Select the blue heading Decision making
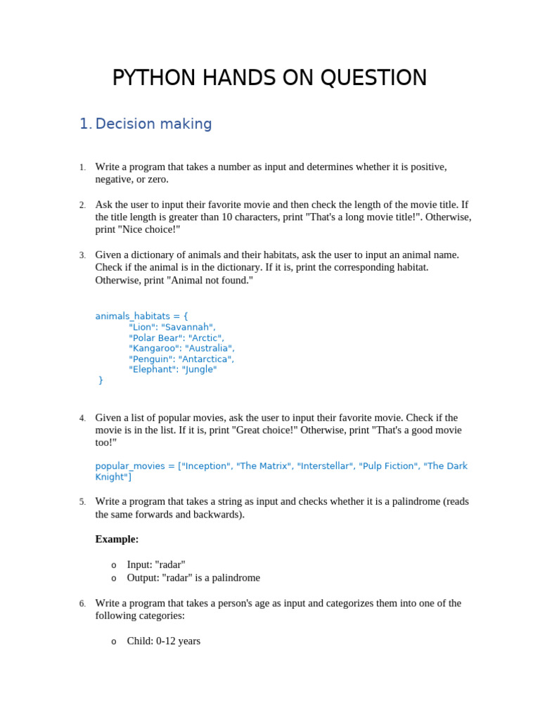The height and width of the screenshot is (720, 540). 153,124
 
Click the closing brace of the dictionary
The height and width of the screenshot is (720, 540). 101,380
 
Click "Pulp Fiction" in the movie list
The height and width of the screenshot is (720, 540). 387,466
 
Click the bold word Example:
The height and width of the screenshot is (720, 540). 117,539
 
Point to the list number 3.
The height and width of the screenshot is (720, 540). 82,255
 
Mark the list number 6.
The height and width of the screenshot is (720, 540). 82,604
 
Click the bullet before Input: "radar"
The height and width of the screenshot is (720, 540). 113,565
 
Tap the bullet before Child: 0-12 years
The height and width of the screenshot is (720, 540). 113,642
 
